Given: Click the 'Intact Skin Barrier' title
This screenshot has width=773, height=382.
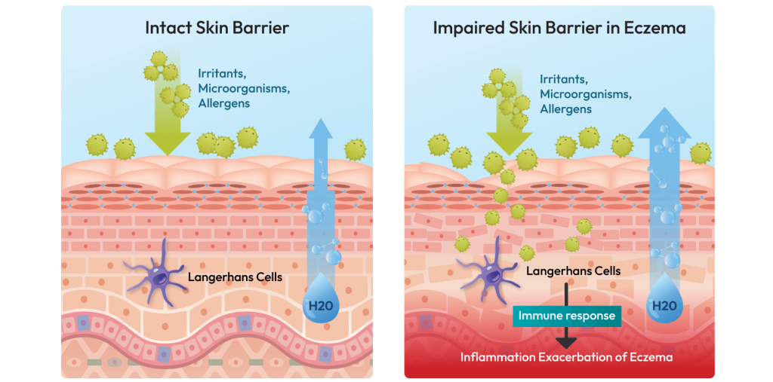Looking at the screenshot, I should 217,29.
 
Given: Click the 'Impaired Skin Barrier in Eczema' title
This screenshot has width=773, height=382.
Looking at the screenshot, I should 559,29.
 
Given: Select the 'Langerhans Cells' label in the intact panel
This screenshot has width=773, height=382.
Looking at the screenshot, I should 235,277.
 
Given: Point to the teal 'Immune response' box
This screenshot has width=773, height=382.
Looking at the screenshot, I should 567,316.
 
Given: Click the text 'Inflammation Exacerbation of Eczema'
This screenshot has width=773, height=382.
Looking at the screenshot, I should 567,356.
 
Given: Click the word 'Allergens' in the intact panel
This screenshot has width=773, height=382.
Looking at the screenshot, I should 223,103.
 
